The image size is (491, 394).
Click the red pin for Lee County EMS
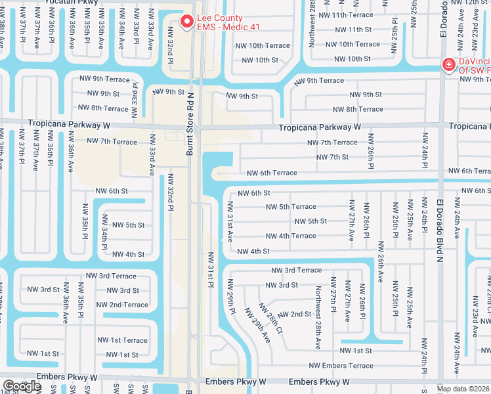[x=186, y=22]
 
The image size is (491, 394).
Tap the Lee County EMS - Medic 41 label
[x=220, y=22]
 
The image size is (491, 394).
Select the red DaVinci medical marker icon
[x=448, y=64]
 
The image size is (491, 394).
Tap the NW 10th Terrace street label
[x=266, y=45]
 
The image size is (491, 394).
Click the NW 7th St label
[x=332, y=157]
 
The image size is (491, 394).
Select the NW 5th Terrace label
[x=291, y=207]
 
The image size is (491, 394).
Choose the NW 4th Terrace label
[x=291, y=236]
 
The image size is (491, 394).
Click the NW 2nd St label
[x=295, y=314]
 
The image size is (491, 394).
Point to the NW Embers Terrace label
[x=341, y=366]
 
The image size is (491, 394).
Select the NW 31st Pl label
[x=211, y=269]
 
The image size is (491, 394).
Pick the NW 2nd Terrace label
[x=122, y=305]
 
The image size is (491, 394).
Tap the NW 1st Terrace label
[x=126, y=340]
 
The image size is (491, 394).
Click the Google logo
[x=22, y=386]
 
